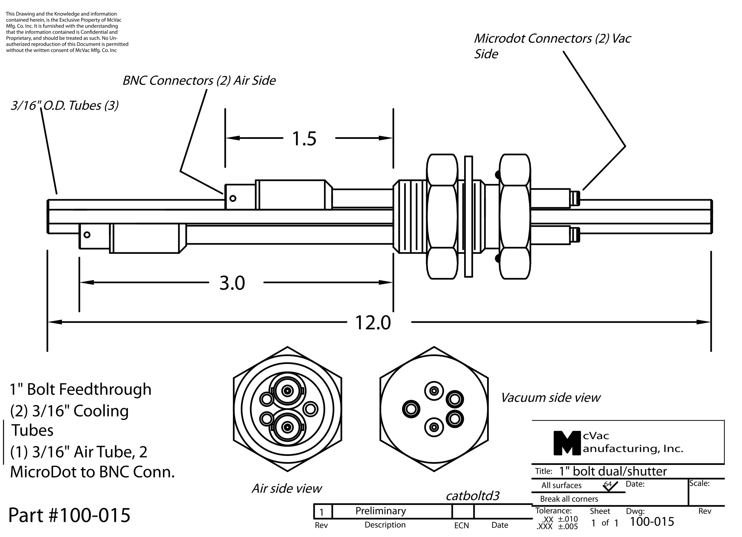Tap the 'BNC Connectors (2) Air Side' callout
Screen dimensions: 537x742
(x=199, y=81)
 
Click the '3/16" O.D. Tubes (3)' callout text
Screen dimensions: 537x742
(x=65, y=105)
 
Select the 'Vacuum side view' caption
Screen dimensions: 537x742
(x=551, y=398)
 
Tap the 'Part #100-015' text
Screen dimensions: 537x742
(x=69, y=515)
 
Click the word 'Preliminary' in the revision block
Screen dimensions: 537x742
(x=381, y=511)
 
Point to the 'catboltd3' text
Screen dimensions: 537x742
(x=472, y=496)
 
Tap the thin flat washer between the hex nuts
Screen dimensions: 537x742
(x=468, y=217)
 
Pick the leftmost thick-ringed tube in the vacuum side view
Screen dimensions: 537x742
(x=411, y=409)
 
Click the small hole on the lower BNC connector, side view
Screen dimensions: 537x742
(x=87, y=235)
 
